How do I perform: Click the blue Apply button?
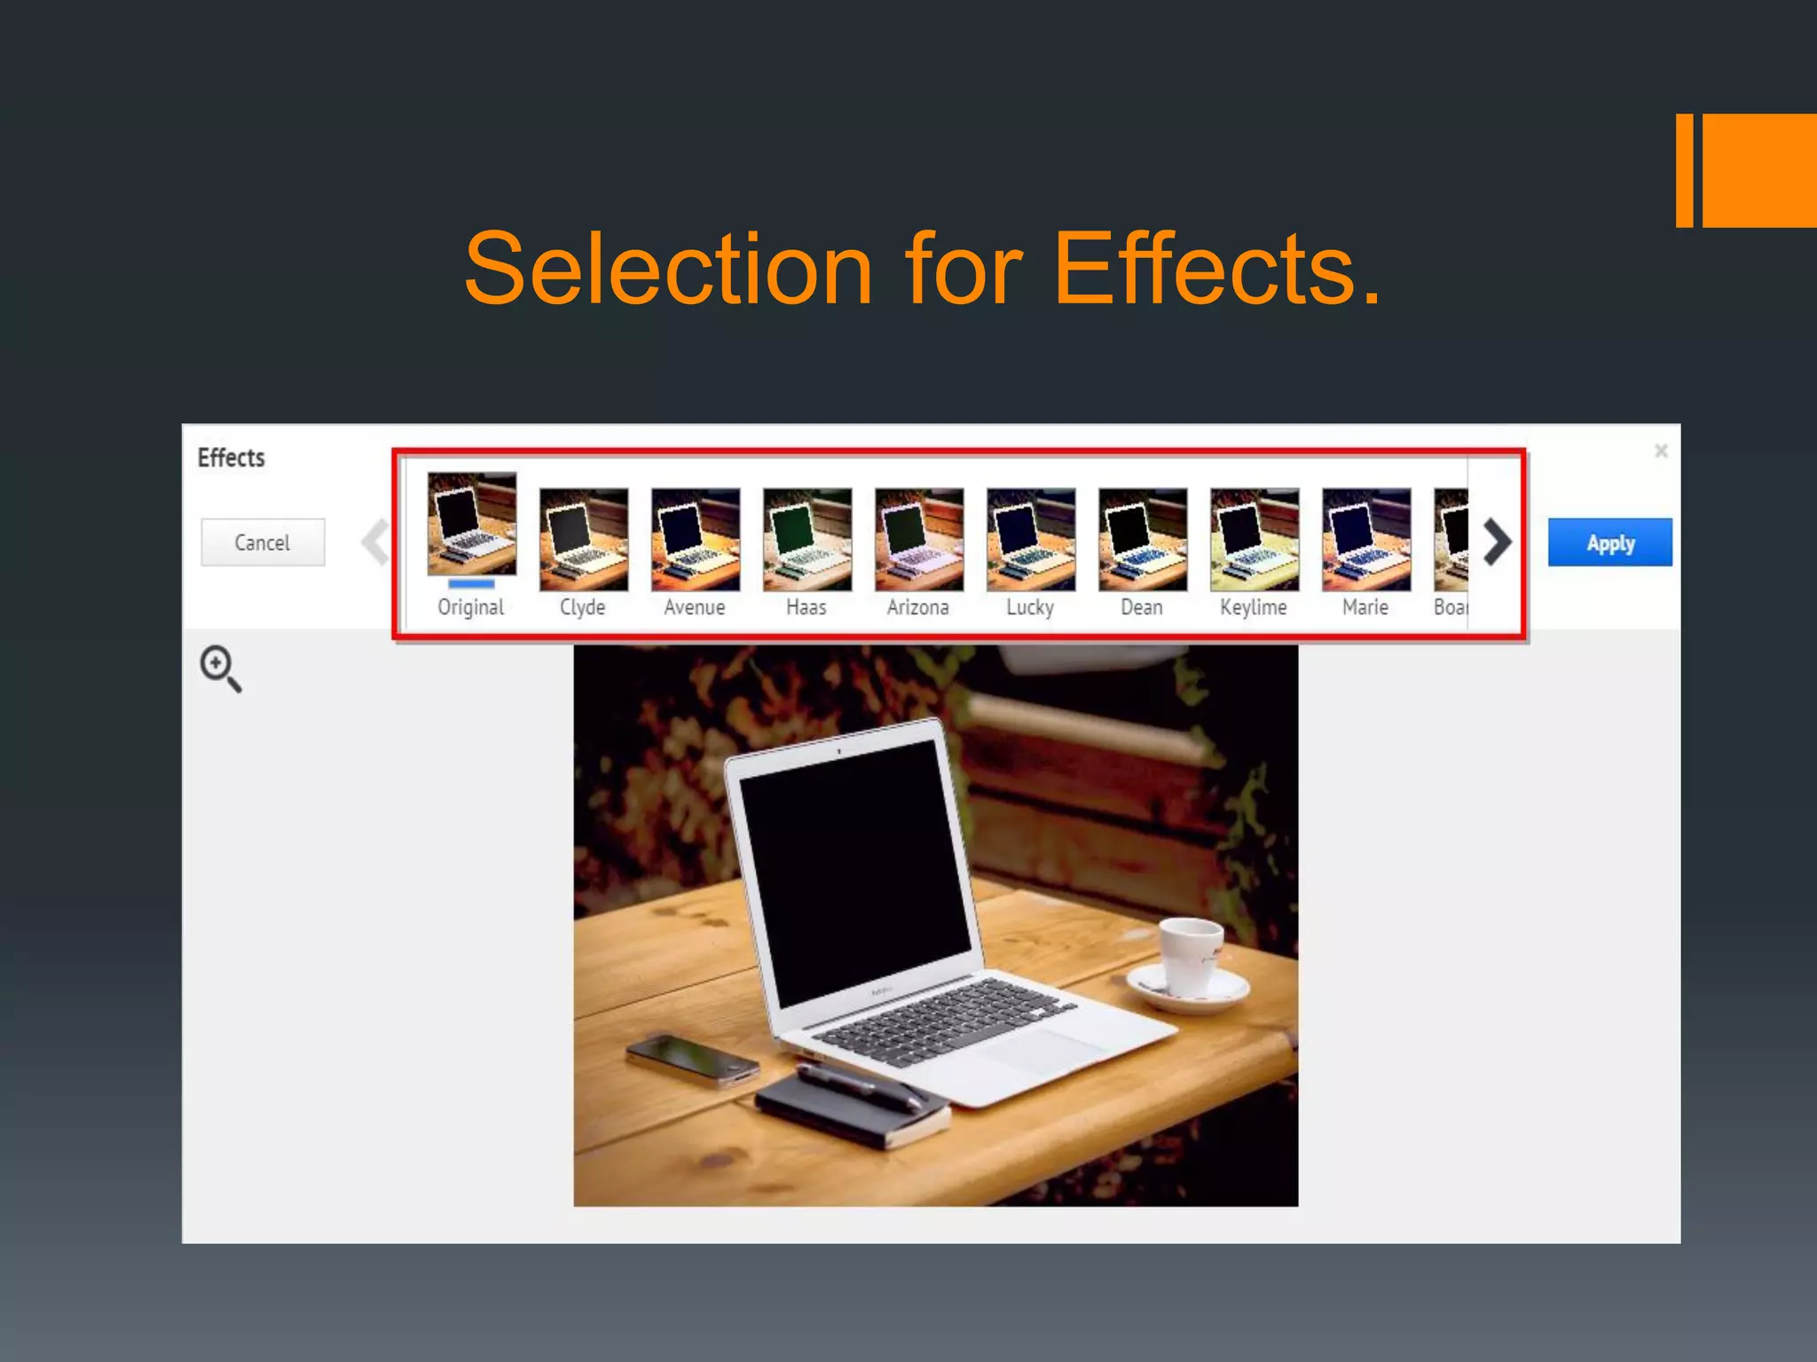coord(1609,543)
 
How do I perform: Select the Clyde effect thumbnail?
coord(583,539)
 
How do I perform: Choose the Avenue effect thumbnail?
coord(695,539)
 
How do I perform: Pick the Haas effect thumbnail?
coord(806,539)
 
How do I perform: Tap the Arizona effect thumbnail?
coord(918,539)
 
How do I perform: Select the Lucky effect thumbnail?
coord(1030,539)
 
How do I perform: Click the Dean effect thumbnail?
coord(1142,539)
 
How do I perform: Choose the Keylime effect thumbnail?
coord(1254,539)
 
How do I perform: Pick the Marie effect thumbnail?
coord(1365,539)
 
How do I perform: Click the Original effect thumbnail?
coord(471,524)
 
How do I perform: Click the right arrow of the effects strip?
coord(1497,542)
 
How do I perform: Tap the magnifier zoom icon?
coord(219,668)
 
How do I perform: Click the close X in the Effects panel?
coord(1661,451)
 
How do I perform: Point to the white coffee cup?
coord(1191,958)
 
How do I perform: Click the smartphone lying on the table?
coord(692,1059)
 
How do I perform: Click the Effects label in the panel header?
coord(231,458)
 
